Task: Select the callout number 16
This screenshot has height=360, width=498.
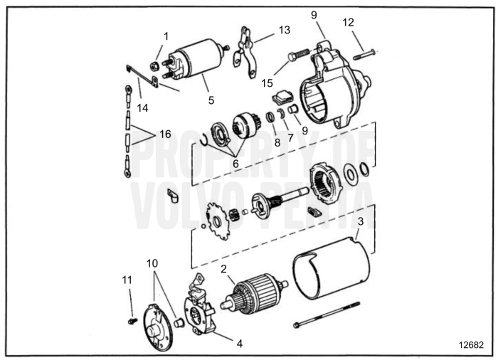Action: click(165, 134)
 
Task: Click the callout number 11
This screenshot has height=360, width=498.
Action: click(128, 281)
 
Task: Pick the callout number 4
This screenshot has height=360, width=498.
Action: click(240, 343)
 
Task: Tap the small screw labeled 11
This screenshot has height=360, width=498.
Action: click(132, 322)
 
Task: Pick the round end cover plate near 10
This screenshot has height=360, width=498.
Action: click(157, 327)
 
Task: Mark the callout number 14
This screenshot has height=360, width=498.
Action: click(143, 108)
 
